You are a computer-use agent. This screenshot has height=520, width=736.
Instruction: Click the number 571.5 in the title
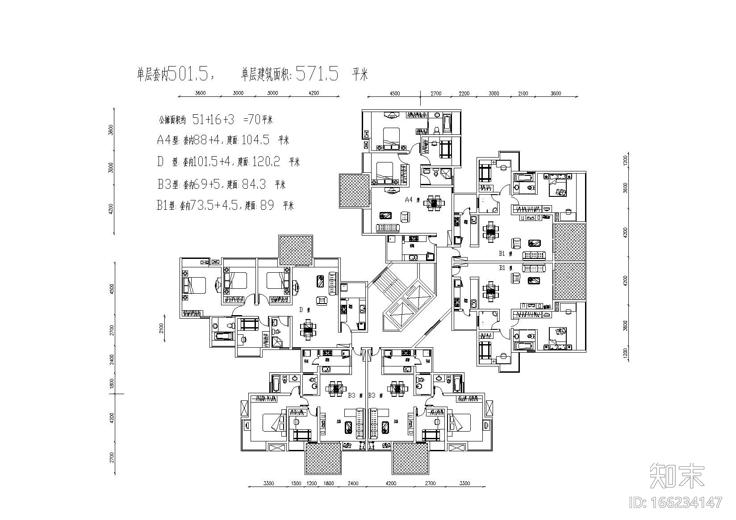(x=317, y=73)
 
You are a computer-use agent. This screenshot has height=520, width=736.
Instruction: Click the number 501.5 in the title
(x=191, y=73)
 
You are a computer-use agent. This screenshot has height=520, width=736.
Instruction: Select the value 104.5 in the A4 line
(x=255, y=140)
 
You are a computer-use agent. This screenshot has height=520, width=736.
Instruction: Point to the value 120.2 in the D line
(x=266, y=162)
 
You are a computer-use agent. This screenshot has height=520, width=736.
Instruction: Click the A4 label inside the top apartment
(x=408, y=200)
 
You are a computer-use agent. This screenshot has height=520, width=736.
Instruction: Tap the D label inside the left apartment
(x=301, y=309)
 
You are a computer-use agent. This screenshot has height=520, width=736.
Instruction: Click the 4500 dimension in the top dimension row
(x=395, y=94)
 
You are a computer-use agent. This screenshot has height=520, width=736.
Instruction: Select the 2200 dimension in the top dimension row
(x=464, y=94)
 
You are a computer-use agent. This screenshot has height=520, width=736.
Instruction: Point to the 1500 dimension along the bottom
(x=296, y=483)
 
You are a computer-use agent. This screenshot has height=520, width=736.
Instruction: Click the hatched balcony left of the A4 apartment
(x=354, y=191)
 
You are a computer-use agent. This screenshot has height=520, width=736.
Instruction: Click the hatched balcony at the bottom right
(x=410, y=458)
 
